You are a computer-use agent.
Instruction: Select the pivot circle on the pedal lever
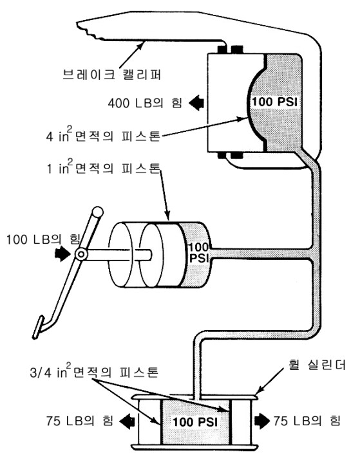point(81,255)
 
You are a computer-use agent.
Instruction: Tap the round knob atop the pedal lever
point(98,212)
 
